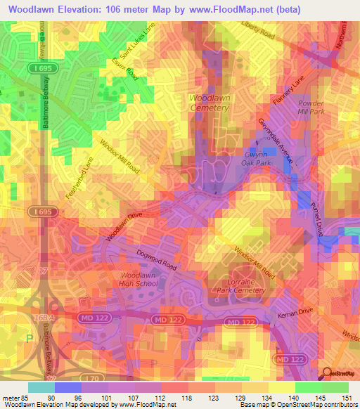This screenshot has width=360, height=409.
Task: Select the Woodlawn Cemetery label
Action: pyautogui.click(x=210, y=103)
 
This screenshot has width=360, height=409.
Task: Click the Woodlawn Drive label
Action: pyautogui.click(x=125, y=229)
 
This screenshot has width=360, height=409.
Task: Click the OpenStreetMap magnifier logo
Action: pyautogui.click(x=326, y=372)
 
